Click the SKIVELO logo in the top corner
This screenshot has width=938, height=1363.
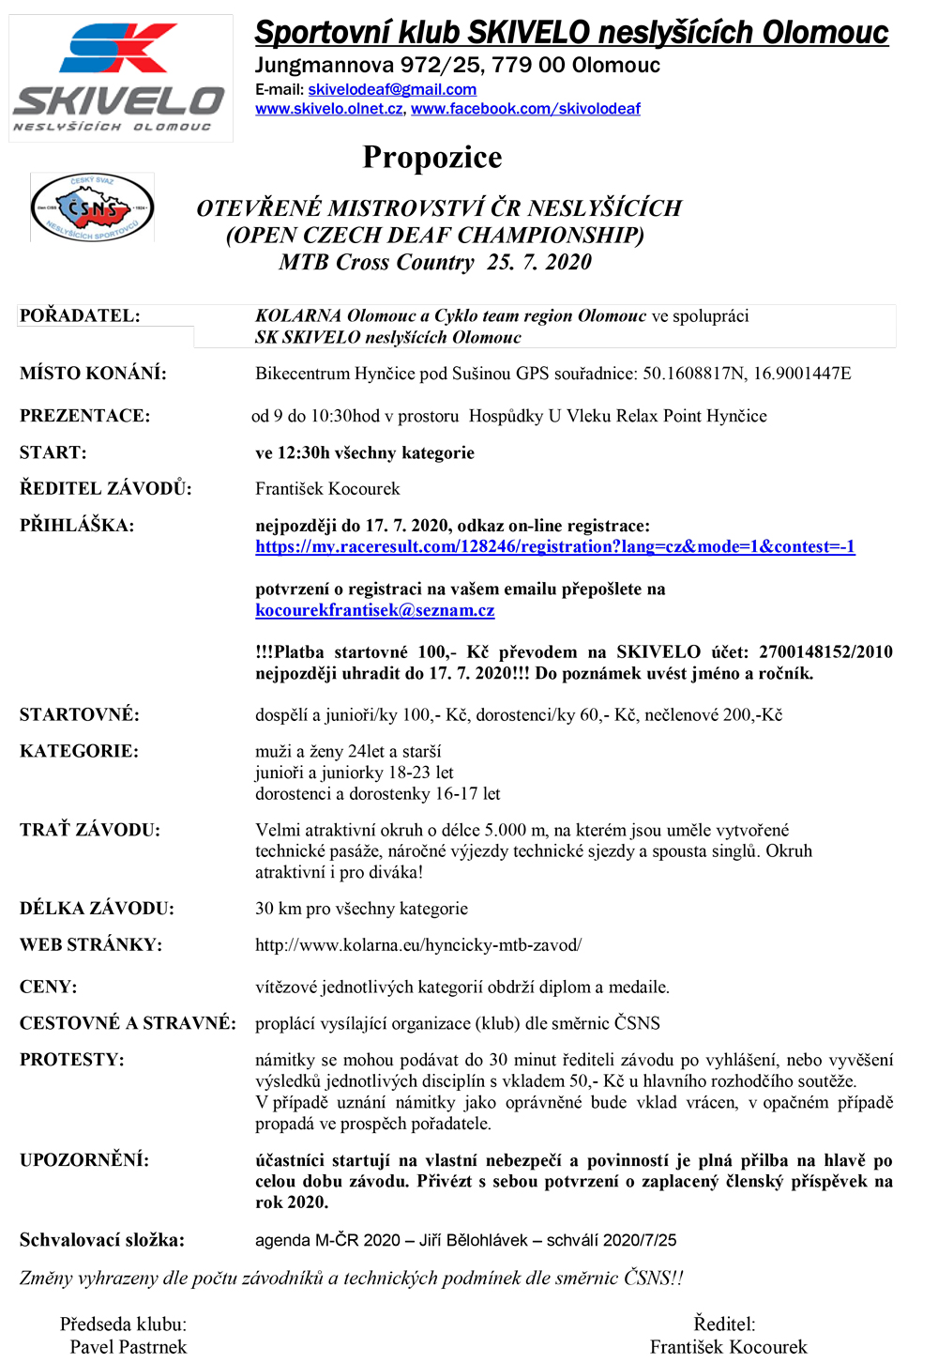pos(120,79)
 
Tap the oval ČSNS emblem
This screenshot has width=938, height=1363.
pos(92,207)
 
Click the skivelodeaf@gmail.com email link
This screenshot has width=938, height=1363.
pos(392,89)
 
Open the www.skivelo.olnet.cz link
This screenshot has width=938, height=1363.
pos(329,109)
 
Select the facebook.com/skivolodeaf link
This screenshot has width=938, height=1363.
pos(525,109)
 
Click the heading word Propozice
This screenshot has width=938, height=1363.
pos(432,157)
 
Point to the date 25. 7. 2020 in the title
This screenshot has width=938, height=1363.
pos(539,262)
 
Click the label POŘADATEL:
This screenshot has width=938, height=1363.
pos(80,315)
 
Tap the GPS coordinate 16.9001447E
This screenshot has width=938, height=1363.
pos(802,374)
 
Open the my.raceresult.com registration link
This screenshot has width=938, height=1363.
pos(554,546)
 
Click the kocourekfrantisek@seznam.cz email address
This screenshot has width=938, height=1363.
pos(374,610)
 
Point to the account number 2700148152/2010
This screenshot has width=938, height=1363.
pos(825,651)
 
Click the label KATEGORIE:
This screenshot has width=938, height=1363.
pos(79,751)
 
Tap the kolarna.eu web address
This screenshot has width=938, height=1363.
pos(418,945)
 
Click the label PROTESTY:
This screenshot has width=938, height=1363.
pos(72,1060)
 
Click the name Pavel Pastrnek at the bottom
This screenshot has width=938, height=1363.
pos(129,1347)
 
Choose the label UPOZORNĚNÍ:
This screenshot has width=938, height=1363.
pos(84,1160)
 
